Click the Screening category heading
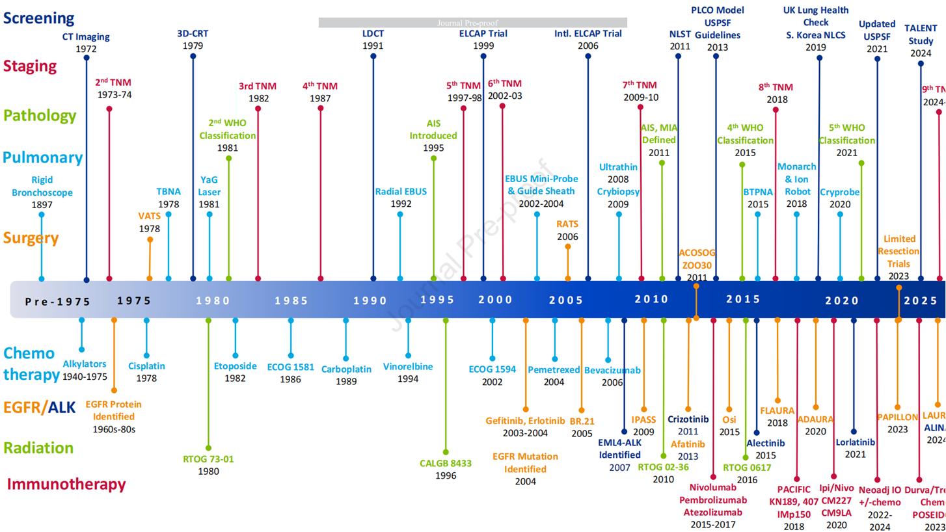pos(38,18)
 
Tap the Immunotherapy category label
pos(65,484)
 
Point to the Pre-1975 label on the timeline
pos(57,300)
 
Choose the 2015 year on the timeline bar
pos(743,299)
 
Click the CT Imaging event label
pos(87,36)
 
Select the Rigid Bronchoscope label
pos(42,187)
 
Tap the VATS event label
pos(149,217)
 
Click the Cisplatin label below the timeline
pos(146,366)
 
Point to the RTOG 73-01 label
pos(208,459)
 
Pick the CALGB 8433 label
pos(446,464)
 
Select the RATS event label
pos(567,224)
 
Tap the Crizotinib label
pos(688,419)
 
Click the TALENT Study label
pos(921,34)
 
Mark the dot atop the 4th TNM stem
pos(320,108)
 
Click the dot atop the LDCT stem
pos(373,56)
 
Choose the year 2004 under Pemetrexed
pos(554,382)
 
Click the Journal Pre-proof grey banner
pos(472,23)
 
